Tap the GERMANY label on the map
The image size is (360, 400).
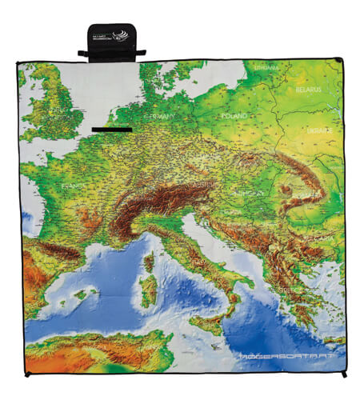click(159, 116)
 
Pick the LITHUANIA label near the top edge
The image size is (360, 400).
click(267, 70)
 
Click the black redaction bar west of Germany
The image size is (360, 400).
click(112, 129)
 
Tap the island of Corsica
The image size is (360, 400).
click(149, 260)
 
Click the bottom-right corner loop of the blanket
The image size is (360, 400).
click(344, 374)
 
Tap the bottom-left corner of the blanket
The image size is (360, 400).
click(26, 373)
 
